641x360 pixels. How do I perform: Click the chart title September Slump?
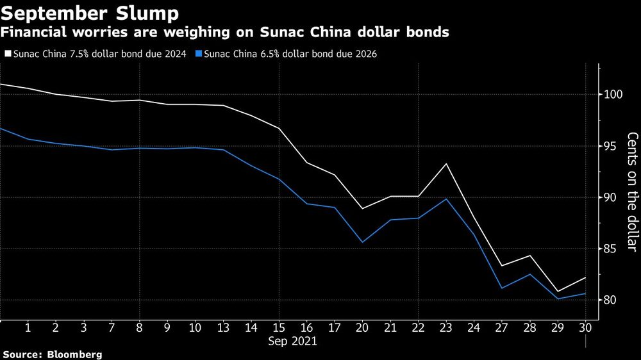[90, 12]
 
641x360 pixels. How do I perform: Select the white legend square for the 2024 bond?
[7, 54]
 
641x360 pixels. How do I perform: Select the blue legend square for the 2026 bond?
[199, 54]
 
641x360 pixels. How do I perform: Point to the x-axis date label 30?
[585, 327]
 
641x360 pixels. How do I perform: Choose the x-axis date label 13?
[223, 327]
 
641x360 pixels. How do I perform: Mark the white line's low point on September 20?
[363, 209]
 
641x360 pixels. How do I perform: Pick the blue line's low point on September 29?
[557, 299]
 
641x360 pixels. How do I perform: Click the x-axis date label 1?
[28, 327]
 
